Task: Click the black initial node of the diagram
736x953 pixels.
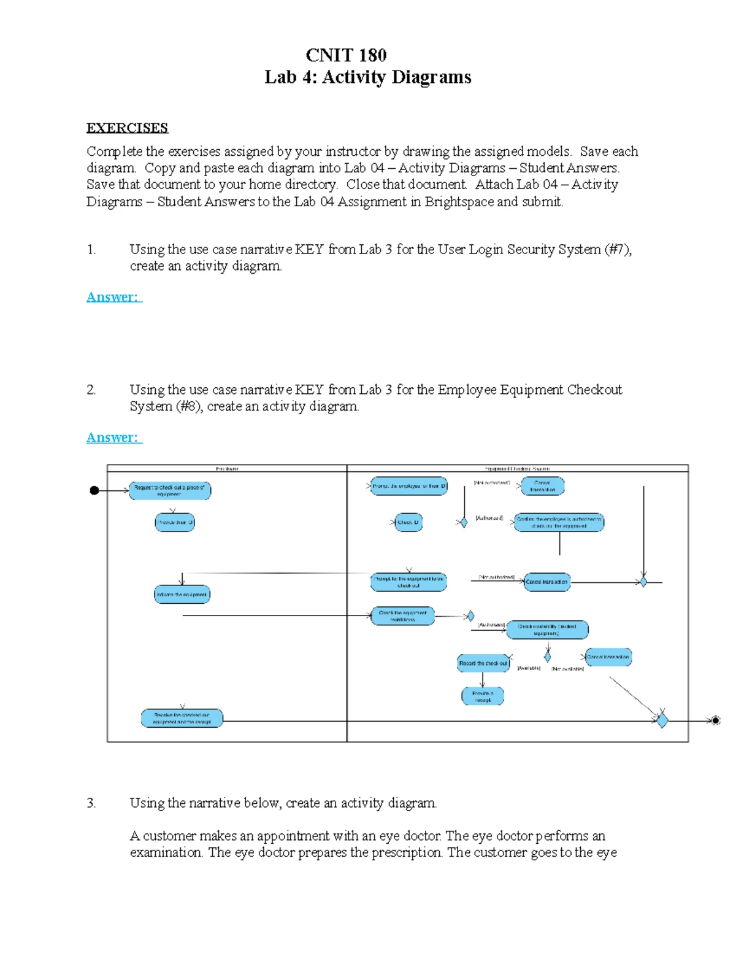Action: (94, 490)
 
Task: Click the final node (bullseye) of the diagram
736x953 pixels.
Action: (715, 720)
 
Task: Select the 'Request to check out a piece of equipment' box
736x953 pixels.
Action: (170, 491)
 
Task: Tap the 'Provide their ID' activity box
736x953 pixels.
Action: (175, 523)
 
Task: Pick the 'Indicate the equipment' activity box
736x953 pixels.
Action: (182, 595)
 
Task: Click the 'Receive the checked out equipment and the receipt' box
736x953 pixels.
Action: (182, 719)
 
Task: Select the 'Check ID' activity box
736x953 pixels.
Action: (408, 523)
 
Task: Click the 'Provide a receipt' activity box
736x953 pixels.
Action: (483, 696)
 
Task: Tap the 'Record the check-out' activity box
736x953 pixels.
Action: (483, 663)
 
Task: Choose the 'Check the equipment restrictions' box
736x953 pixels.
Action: (402, 616)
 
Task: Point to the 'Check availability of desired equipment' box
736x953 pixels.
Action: (547, 630)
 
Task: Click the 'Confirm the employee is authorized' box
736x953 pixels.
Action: (559, 523)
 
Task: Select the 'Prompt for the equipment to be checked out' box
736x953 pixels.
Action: (408, 582)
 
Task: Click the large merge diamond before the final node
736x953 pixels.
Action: (662, 720)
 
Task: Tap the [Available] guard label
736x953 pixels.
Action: (529, 668)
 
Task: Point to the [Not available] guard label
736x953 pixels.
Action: (567, 669)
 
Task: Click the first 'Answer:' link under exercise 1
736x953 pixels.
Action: (114, 298)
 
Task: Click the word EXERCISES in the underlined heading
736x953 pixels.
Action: (127, 128)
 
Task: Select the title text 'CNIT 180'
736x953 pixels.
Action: (346, 55)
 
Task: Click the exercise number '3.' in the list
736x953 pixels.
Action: (91, 803)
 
